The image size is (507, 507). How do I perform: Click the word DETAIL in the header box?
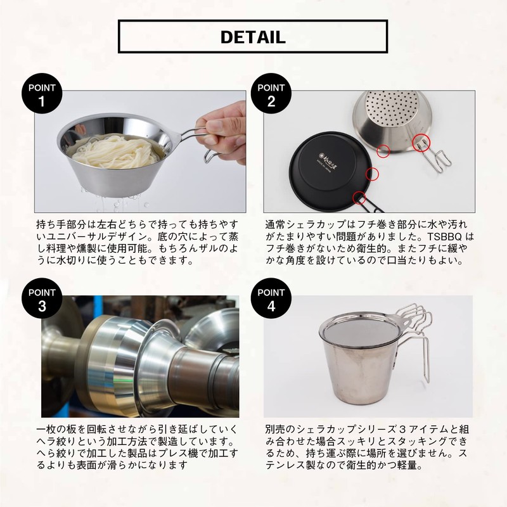coord(253,36)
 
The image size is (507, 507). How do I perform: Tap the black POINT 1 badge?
coord(42,96)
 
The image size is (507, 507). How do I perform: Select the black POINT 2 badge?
coord(271,96)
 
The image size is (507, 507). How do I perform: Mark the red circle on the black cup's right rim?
coord(373,172)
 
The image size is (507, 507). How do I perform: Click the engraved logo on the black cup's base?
coord(324,153)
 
